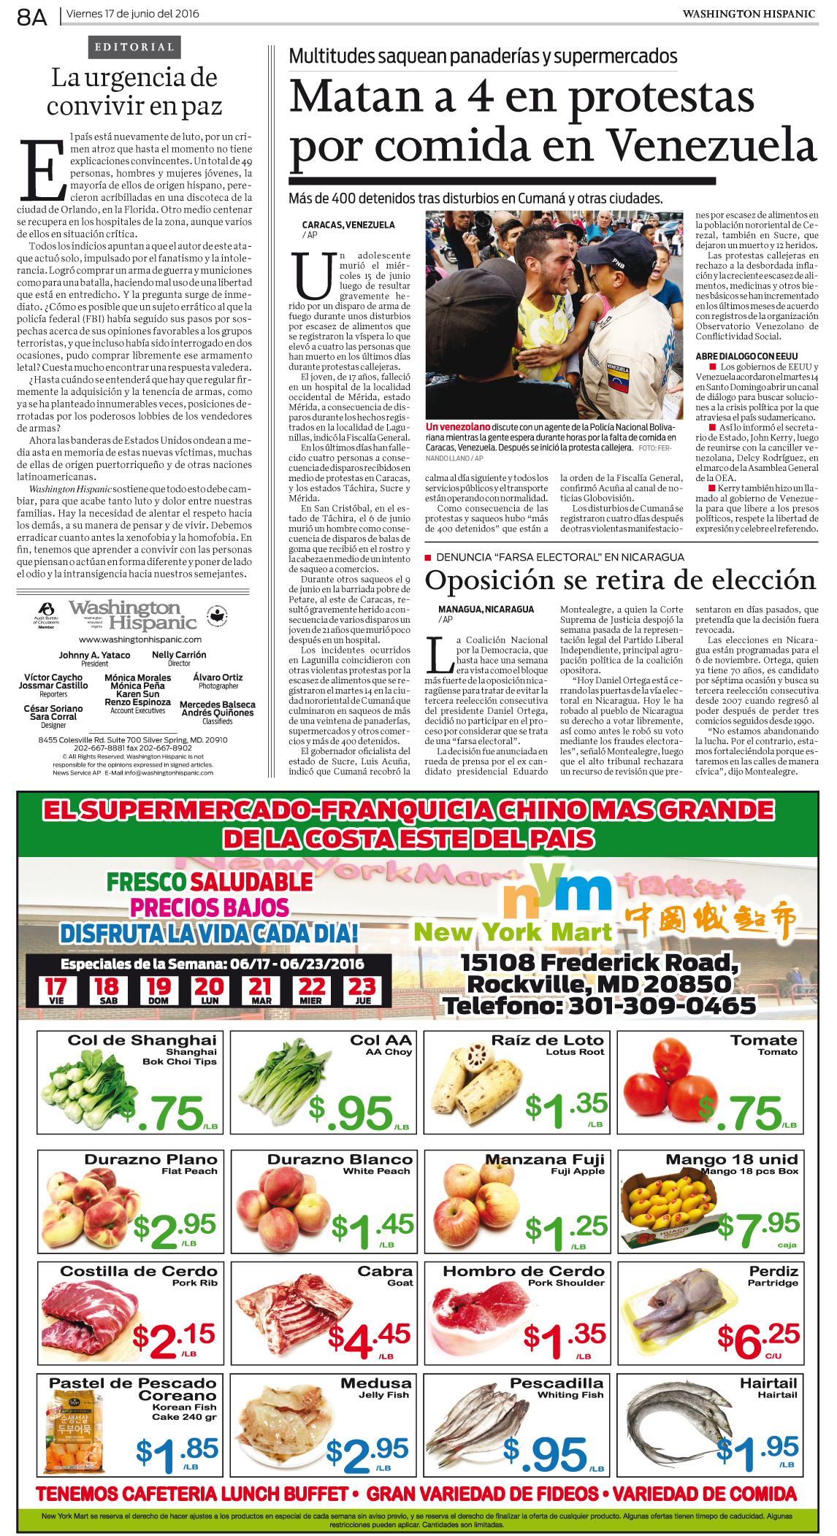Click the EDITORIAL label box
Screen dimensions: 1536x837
click(x=134, y=47)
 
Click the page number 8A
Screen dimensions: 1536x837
click(x=32, y=16)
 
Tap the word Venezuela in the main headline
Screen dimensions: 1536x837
click(x=712, y=146)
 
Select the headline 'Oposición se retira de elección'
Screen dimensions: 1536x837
click(x=620, y=580)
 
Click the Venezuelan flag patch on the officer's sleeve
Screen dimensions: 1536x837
click(x=619, y=380)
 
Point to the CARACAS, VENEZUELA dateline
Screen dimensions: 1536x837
click(x=348, y=226)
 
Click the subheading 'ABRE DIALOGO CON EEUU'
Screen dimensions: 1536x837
click(x=746, y=356)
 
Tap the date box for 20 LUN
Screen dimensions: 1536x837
click(x=210, y=990)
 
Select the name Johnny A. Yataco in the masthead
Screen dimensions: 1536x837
click(x=95, y=655)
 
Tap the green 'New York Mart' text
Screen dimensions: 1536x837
click(x=513, y=932)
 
